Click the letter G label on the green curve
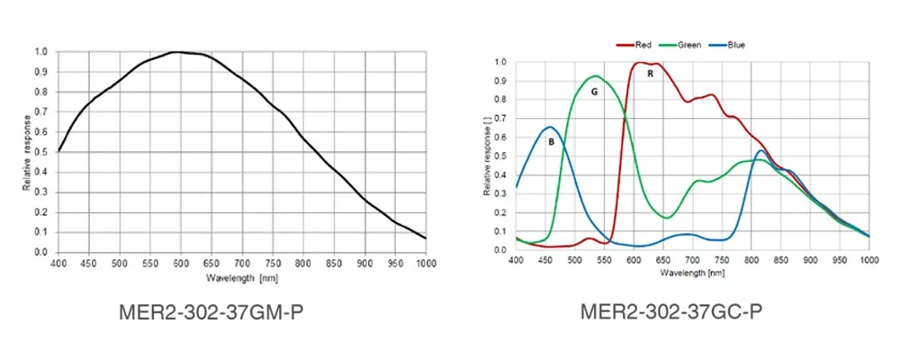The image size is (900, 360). click(594, 92)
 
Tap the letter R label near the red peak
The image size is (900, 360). click(649, 74)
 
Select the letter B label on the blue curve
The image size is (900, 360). click(551, 141)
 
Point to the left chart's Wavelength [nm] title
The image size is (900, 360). click(242, 279)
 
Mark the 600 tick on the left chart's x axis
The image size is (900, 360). click(181, 264)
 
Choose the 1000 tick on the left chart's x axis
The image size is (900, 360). click(426, 264)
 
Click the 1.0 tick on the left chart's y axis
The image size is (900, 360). click(40, 51)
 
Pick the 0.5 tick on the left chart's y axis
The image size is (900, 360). click(40, 152)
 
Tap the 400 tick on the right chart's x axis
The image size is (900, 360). click(516, 259)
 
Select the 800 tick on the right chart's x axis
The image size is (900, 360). click(727, 259)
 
